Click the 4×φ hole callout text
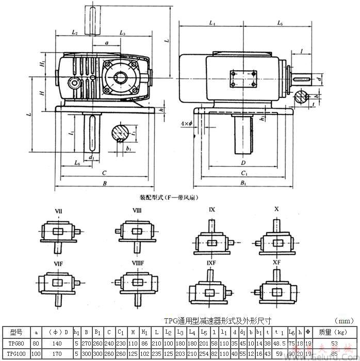click(186, 124)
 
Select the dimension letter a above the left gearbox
click(106, 44)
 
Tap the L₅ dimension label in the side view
click(280, 24)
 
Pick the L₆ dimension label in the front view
click(77, 162)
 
